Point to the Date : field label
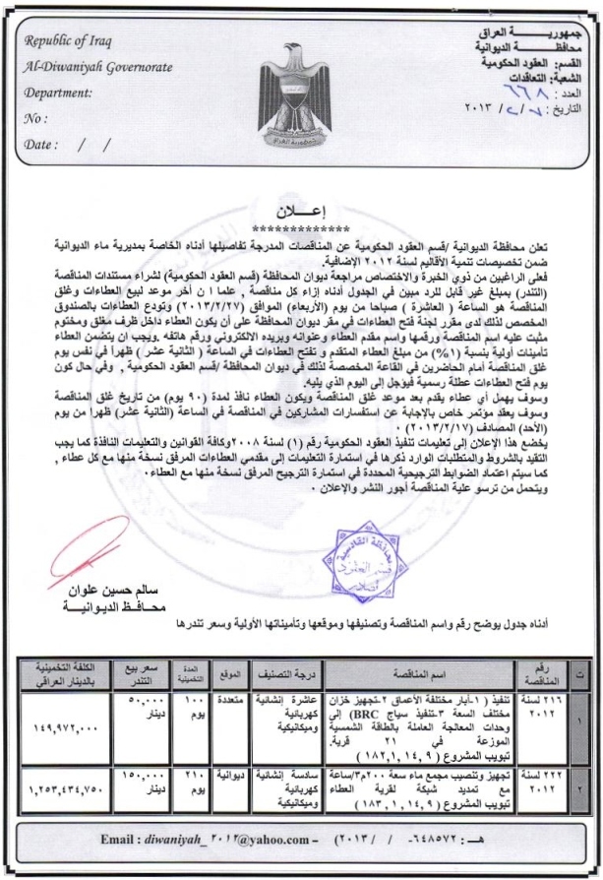click(x=47, y=144)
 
